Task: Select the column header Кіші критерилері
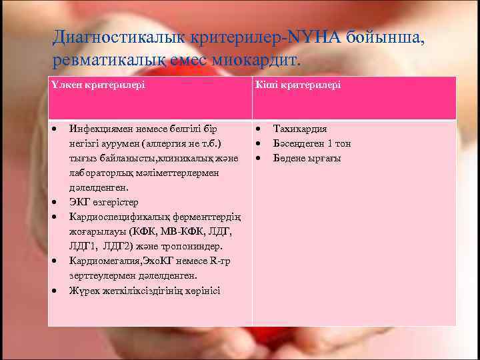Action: (297, 86)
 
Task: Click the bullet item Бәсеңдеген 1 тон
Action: (312, 143)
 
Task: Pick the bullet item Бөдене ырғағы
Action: (307, 158)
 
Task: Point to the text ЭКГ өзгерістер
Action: (104, 202)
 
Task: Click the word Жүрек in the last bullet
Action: (82, 290)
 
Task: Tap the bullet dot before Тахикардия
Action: (257, 129)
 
